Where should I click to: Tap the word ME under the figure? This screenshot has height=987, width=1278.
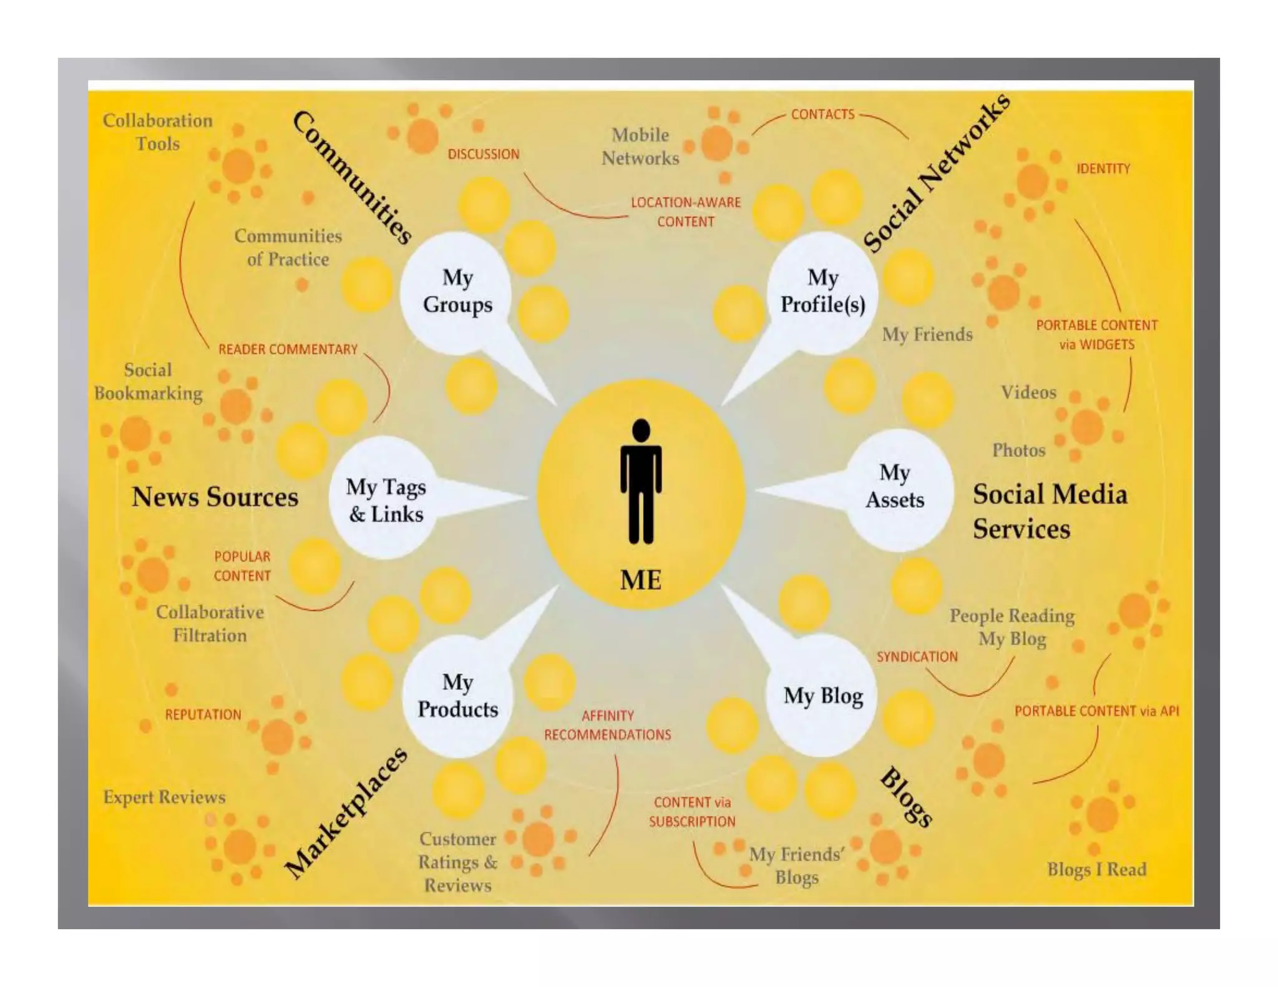tap(640, 580)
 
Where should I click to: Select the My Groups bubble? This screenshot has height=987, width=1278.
tap(457, 291)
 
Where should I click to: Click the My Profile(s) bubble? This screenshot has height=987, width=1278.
tap(822, 291)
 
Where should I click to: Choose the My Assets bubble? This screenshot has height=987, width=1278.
tap(894, 487)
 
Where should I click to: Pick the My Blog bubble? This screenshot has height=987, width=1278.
tap(823, 696)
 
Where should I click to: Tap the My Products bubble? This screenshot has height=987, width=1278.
tap(457, 696)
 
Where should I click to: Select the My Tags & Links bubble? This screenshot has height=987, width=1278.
tap(386, 500)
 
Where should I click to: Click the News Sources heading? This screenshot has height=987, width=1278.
tap(215, 497)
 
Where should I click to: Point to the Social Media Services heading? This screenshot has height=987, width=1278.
tap(1050, 512)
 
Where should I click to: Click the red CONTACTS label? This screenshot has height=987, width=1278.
tap(822, 115)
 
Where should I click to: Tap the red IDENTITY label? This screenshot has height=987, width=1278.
tap(1103, 168)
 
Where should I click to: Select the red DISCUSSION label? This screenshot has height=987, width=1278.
tap(483, 154)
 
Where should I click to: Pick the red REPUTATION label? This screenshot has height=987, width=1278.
tap(203, 715)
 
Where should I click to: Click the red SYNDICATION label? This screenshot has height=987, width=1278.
tap(917, 657)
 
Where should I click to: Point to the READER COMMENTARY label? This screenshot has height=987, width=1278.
tap(288, 349)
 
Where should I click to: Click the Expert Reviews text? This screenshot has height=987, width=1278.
tap(164, 797)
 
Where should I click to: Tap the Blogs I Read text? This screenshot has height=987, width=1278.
tap(1096, 870)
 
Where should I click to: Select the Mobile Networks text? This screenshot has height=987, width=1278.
tap(640, 147)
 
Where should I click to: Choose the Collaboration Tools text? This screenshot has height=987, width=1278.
tap(157, 132)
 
